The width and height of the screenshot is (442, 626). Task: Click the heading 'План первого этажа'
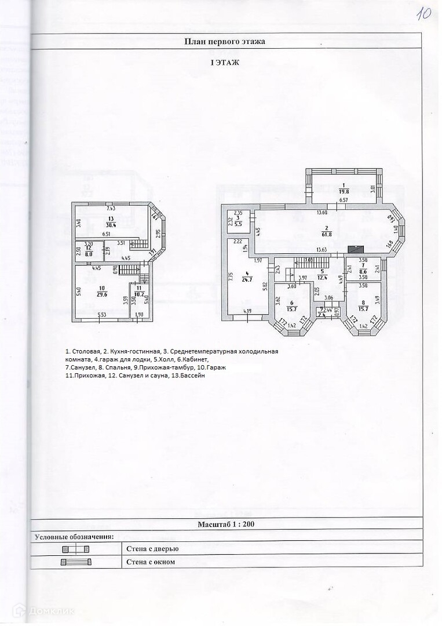click(225, 41)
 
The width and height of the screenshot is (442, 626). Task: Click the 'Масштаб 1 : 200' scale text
click(226, 525)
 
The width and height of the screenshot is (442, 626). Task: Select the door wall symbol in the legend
click(75, 548)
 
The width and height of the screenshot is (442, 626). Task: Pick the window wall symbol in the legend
click(75, 562)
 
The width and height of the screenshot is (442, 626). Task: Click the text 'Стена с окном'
click(150, 562)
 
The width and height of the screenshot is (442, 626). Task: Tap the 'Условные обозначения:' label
click(74, 537)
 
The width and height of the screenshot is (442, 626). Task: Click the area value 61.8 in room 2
click(327, 235)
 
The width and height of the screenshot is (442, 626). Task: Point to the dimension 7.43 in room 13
click(111, 208)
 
